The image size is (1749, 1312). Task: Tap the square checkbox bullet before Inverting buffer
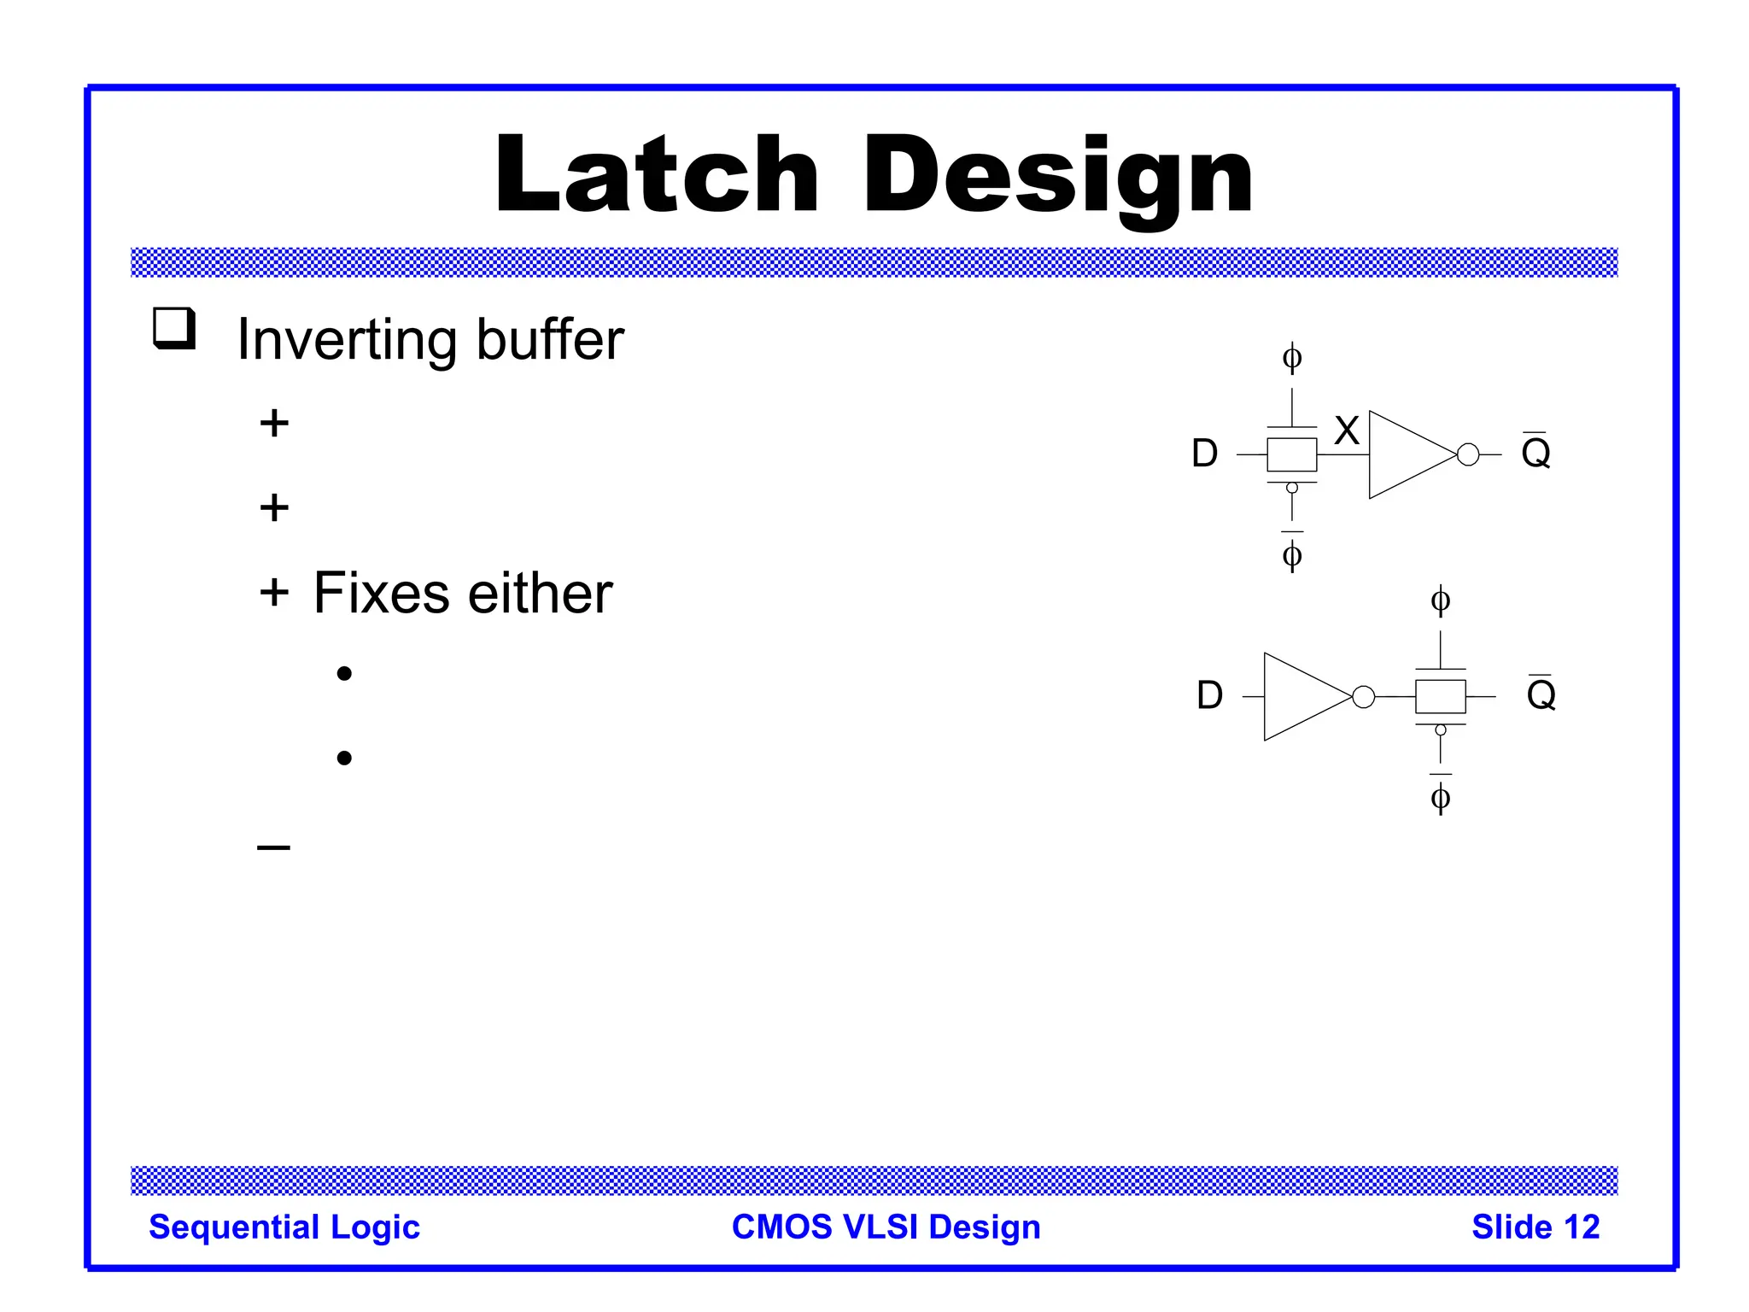tap(174, 328)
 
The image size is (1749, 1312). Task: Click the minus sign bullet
tap(273, 847)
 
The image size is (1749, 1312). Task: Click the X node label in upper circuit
tap(1347, 430)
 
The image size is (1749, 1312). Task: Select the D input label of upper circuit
tap(1204, 454)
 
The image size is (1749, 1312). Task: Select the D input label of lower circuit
tap(1209, 695)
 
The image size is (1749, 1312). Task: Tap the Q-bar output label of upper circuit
tap(1535, 451)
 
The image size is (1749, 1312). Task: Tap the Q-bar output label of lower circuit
tap(1541, 694)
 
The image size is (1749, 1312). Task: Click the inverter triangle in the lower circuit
tap(1303, 697)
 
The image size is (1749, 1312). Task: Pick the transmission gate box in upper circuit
tap(1291, 454)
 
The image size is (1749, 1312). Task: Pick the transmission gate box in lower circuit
tap(1440, 697)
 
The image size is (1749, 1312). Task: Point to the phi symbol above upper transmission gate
tap(1292, 357)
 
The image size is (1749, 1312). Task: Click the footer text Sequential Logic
tap(284, 1227)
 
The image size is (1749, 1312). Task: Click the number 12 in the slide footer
tap(1581, 1227)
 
